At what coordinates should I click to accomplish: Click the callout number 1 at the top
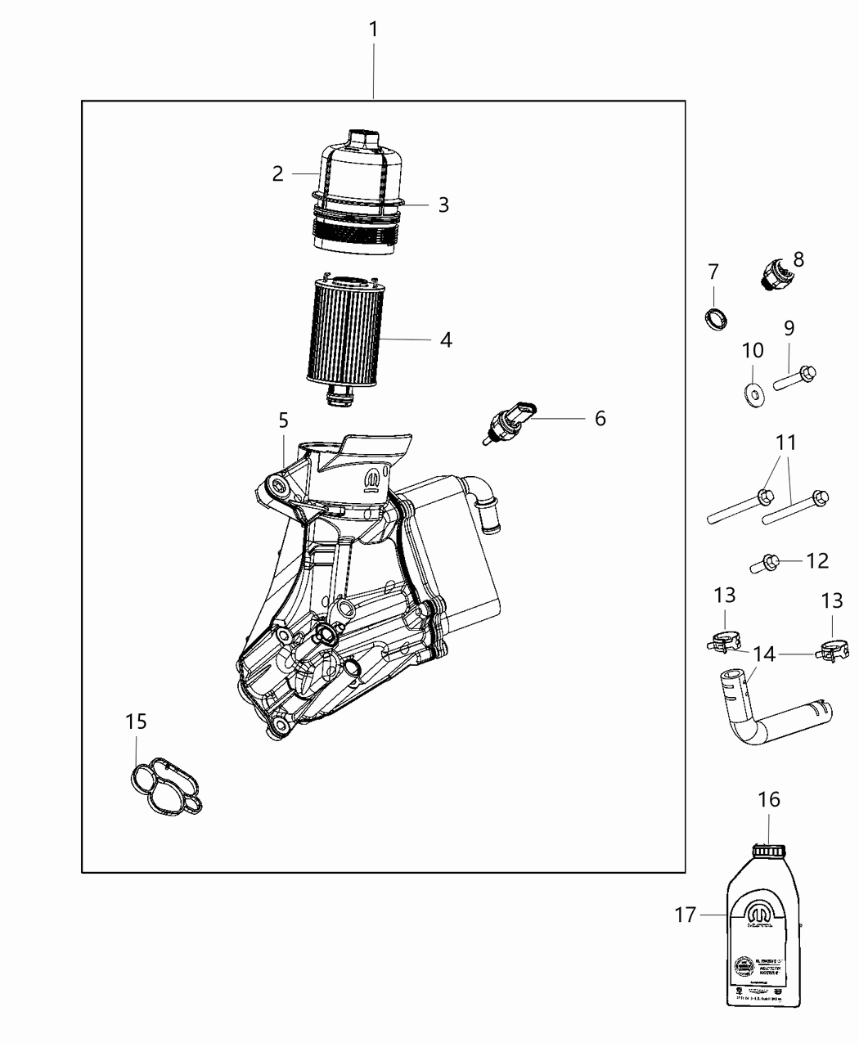click(373, 30)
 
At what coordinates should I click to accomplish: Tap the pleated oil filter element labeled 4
click(344, 331)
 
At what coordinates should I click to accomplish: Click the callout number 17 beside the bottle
click(685, 915)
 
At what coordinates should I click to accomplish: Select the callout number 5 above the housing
click(283, 420)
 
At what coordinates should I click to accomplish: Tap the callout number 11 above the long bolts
click(785, 443)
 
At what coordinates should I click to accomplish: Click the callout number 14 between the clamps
click(763, 654)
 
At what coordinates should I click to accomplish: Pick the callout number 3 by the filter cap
click(443, 205)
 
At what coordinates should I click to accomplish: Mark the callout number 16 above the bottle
click(769, 799)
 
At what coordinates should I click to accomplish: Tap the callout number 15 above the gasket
click(136, 722)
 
